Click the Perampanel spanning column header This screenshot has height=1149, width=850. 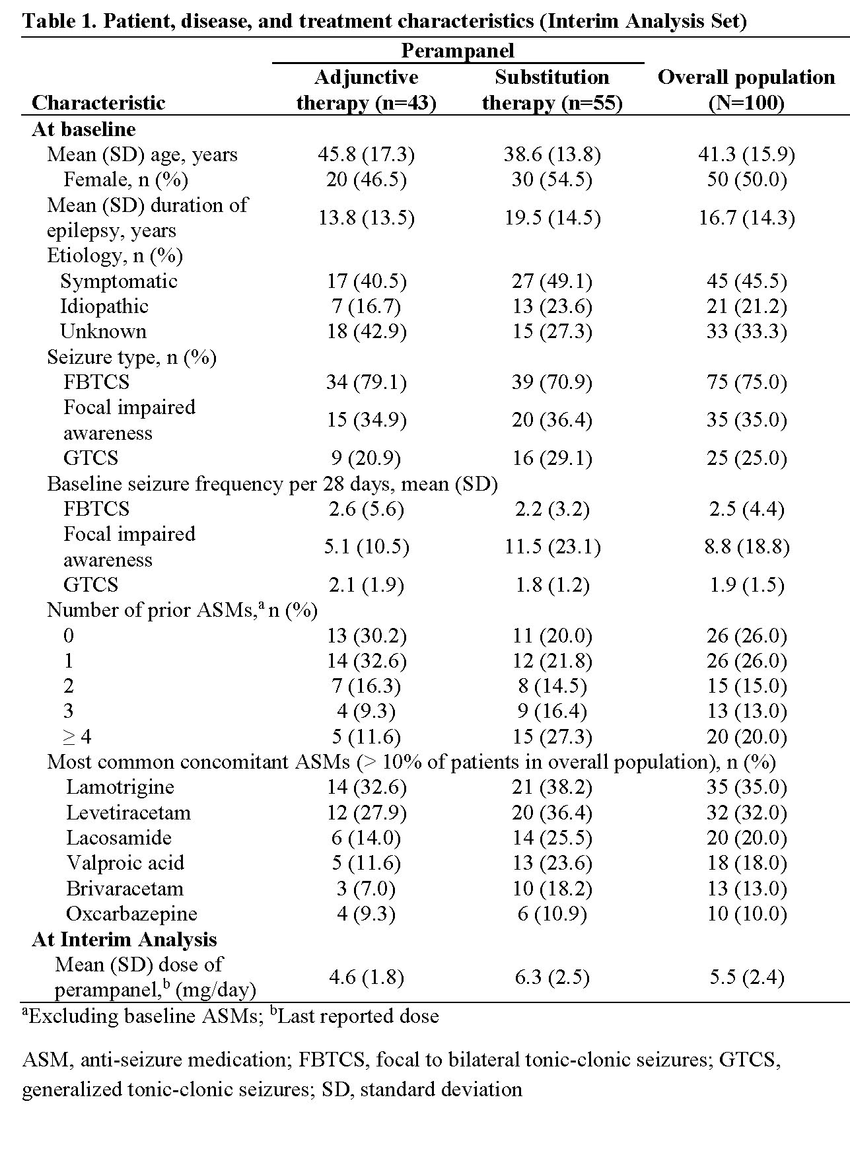click(x=457, y=51)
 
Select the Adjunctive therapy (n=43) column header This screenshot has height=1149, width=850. click(x=366, y=90)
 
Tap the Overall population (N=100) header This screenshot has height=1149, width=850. click(x=746, y=90)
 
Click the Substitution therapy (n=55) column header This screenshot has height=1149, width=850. click(x=551, y=90)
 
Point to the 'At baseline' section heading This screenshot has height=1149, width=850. click(x=84, y=129)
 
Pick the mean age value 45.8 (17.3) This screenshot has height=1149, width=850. click(x=366, y=155)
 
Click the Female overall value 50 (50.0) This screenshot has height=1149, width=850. click(x=746, y=180)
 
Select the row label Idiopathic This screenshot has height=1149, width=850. click(x=104, y=306)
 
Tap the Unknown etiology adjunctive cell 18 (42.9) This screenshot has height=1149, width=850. click(x=366, y=331)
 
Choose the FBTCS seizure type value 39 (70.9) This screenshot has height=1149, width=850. click(x=551, y=382)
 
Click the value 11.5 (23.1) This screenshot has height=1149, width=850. click(x=551, y=547)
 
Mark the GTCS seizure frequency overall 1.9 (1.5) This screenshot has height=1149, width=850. click(x=746, y=585)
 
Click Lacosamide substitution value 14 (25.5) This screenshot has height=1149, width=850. click(x=551, y=838)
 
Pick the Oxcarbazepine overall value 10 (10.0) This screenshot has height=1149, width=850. click(x=746, y=914)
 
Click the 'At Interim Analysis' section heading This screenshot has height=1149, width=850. click(x=124, y=940)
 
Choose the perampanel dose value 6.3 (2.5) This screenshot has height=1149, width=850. click(x=551, y=977)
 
